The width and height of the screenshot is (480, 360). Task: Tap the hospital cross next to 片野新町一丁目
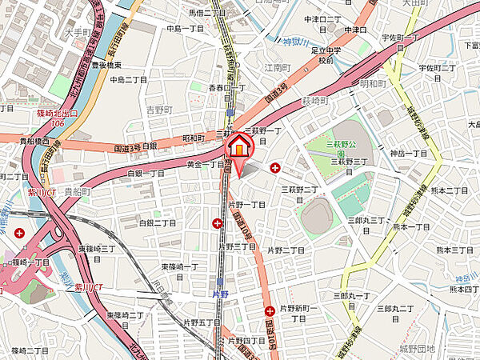[270, 312]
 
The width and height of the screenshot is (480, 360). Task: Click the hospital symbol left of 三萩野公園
[276, 168]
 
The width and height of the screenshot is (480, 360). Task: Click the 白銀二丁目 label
[158, 223]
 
